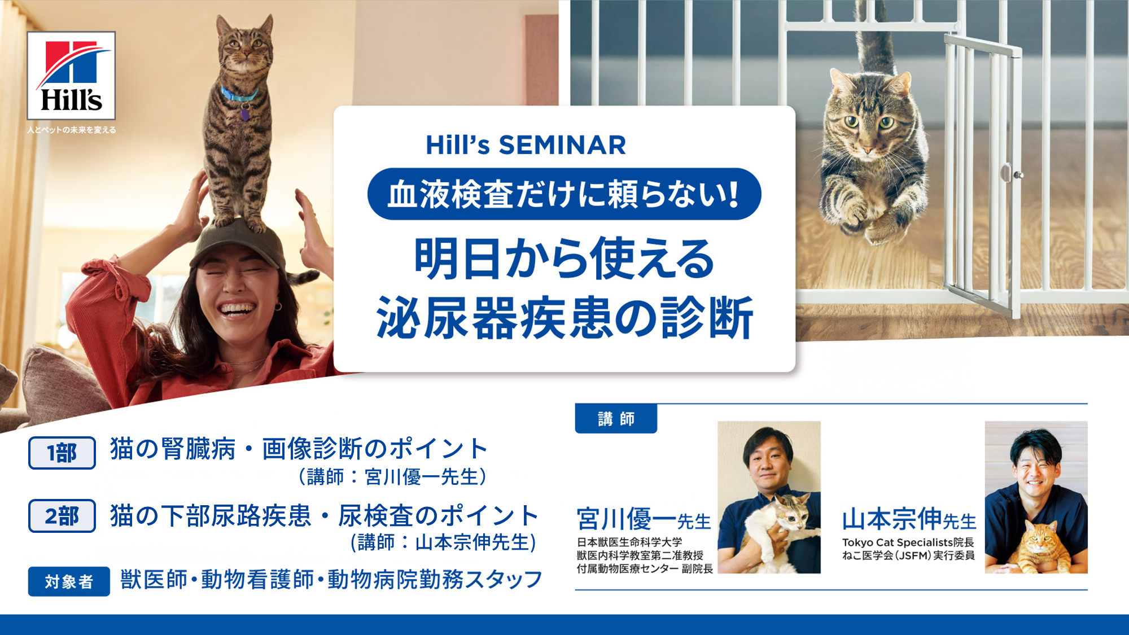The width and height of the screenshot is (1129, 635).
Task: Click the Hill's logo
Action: pos(71,76)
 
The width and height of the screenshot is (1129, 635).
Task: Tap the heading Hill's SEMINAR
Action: pos(526,145)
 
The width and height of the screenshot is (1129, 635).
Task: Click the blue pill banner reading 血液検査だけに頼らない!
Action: pos(564,194)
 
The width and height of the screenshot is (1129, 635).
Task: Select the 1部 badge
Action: pos(62,453)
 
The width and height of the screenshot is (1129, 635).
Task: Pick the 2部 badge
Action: pos(62,516)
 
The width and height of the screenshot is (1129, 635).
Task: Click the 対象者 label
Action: pos(69,581)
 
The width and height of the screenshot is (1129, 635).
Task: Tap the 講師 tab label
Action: pos(616,419)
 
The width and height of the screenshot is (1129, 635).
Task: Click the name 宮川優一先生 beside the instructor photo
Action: pos(644,519)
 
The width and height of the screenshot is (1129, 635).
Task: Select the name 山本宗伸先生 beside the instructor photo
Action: pos(909,519)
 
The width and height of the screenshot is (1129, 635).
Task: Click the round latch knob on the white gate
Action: pos(1007,172)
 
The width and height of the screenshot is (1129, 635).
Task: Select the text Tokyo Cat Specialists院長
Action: pos(908,542)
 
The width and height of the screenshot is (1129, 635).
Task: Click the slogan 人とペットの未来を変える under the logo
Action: pos(72,130)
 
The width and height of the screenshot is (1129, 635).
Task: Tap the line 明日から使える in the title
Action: pos(564,259)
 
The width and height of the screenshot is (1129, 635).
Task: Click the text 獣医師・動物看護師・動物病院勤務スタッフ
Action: pos(331,580)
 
